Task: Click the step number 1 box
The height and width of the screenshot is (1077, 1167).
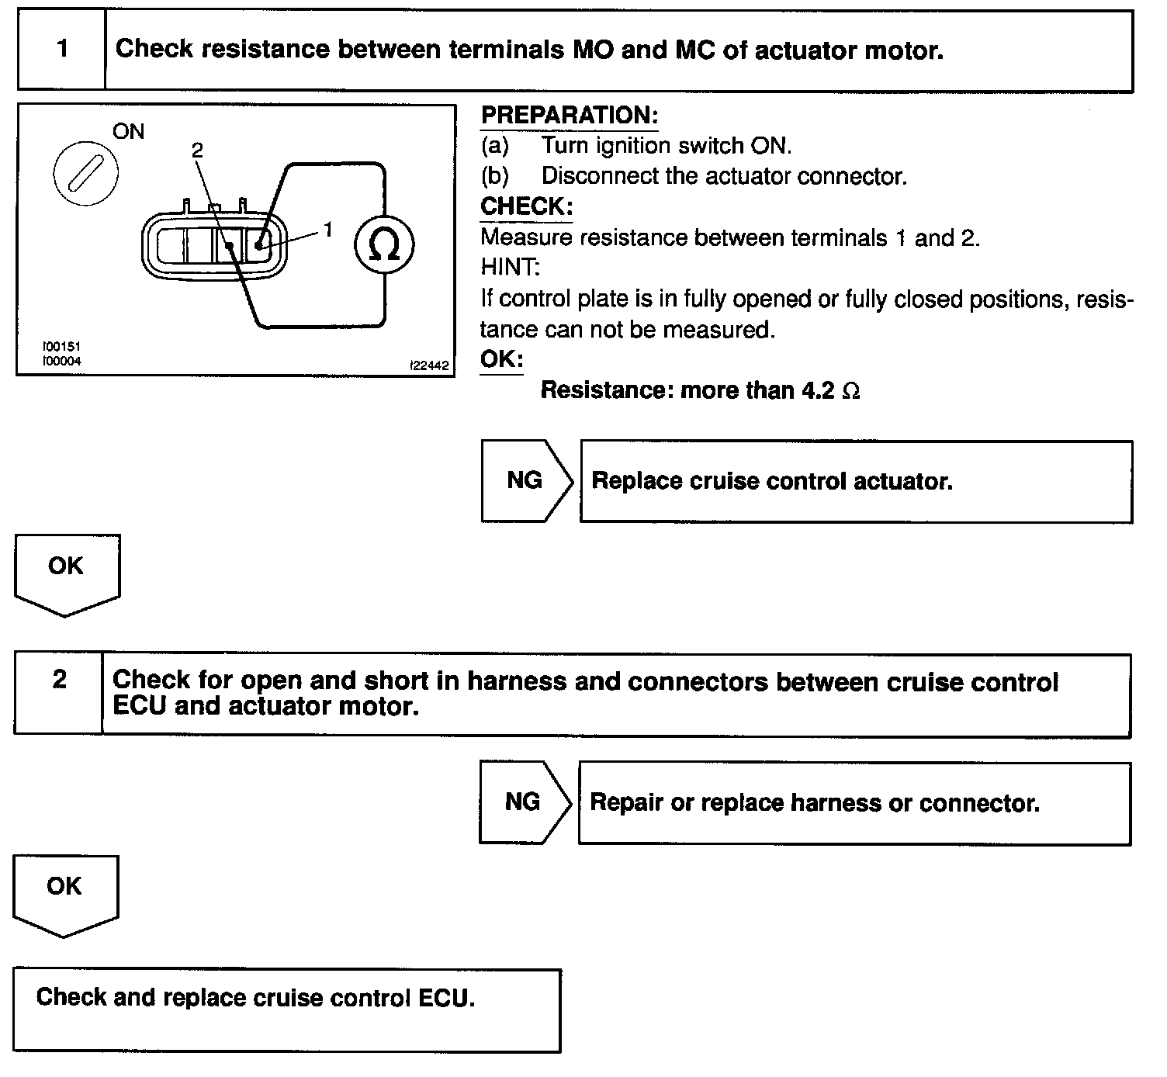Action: (61, 50)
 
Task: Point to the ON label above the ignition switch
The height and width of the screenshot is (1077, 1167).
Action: (129, 132)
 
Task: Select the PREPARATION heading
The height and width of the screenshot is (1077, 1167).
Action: (570, 116)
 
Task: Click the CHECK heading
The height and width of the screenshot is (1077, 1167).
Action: (526, 207)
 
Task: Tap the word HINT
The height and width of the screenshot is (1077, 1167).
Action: (510, 268)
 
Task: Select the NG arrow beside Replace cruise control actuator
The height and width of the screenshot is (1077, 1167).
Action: (526, 481)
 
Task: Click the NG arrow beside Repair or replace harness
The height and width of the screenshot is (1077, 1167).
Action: (524, 802)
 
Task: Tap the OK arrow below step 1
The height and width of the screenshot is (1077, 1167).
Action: (66, 573)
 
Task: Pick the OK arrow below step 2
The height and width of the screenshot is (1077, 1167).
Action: (64, 893)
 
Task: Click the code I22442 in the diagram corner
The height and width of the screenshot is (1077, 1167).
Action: (430, 365)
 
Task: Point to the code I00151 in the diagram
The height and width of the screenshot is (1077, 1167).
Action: (62, 347)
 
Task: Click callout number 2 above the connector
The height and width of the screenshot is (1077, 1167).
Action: (197, 151)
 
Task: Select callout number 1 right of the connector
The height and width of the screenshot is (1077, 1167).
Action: (328, 230)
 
